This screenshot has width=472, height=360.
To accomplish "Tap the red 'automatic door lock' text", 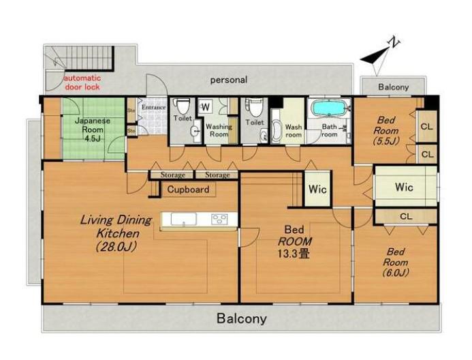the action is click(x=82, y=82).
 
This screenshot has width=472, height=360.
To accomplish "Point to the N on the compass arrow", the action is click(x=394, y=42).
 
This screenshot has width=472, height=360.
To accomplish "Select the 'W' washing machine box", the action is click(x=206, y=107).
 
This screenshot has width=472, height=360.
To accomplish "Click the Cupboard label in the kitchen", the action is click(x=188, y=190).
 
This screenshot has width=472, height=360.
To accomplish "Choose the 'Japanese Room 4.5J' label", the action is click(x=93, y=130).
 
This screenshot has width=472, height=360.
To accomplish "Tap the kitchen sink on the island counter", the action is click(x=184, y=219).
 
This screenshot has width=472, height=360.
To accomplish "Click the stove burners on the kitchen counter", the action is click(x=219, y=219).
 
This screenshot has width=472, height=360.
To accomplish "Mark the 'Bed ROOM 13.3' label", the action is click(x=294, y=241).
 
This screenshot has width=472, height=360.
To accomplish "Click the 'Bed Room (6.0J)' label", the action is click(x=395, y=262).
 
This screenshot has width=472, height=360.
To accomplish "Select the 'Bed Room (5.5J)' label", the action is click(x=386, y=131).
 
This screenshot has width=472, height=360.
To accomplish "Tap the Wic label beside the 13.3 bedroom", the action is click(x=317, y=190).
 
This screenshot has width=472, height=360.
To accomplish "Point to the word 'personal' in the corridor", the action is click(x=229, y=80).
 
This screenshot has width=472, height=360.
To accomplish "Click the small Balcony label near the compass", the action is click(x=394, y=87).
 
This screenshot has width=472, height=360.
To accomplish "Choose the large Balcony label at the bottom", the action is click(x=242, y=318).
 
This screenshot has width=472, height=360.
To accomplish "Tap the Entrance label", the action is click(x=153, y=107).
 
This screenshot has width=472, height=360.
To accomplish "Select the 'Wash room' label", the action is click(x=294, y=131).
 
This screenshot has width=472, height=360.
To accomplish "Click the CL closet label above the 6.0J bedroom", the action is click(x=406, y=216).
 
